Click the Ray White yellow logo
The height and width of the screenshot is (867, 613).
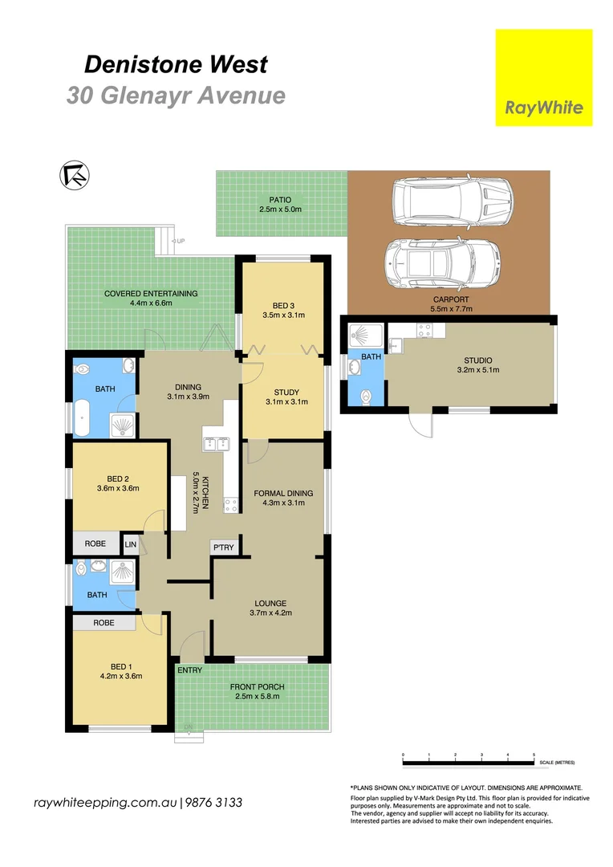point(543,78)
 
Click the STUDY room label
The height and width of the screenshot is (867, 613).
point(286,392)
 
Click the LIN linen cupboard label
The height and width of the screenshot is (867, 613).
point(130,544)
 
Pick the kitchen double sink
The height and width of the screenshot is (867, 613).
point(216,443)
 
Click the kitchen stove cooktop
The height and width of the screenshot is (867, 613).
point(231,506)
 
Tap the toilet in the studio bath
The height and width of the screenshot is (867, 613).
point(366,396)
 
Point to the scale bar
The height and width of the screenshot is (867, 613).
point(468,759)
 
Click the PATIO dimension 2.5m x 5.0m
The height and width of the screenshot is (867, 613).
point(280,210)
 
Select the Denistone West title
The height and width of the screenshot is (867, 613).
point(176,63)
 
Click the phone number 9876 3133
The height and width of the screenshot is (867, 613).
point(214,803)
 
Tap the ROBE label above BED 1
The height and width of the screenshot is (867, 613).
point(103,622)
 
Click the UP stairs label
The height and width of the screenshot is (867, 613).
point(180,241)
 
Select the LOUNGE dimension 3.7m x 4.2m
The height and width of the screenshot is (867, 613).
point(270,613)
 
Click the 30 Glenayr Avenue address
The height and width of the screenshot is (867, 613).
point(176,96)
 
